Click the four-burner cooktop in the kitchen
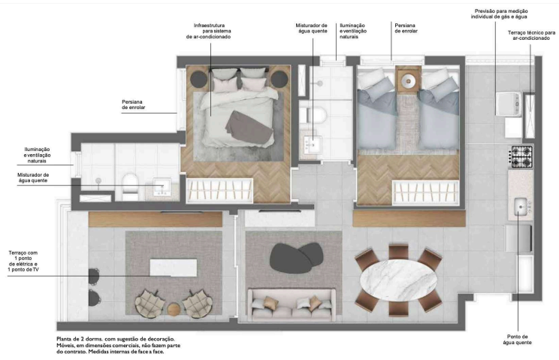[521, 156]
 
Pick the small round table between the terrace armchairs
[174, 307]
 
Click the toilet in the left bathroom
[129, 183]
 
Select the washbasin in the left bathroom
[161, 186]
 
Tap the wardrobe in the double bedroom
[213, 191]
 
